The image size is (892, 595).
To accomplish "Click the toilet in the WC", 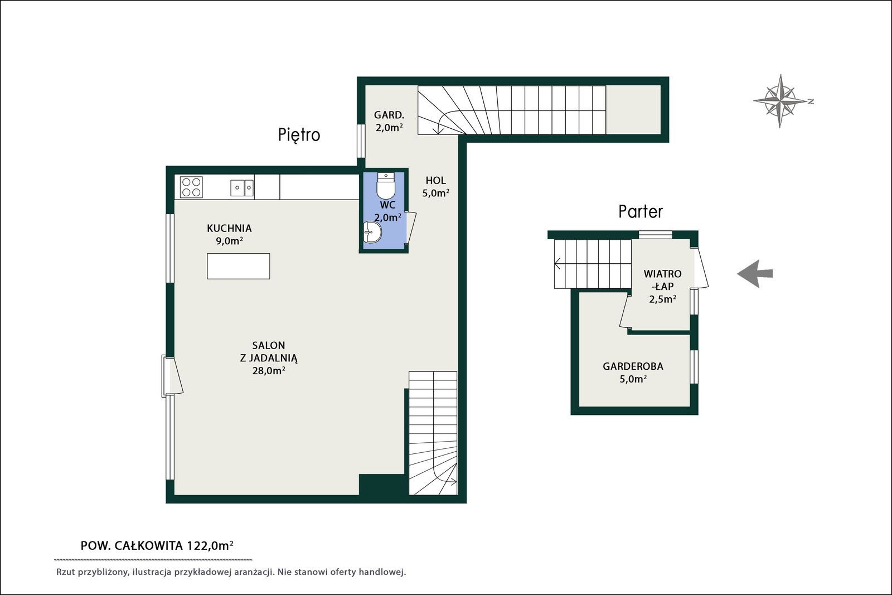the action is click(385, 186).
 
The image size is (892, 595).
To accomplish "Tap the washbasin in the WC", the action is click(372, 232).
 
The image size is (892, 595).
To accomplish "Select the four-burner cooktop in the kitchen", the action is click(191, 187).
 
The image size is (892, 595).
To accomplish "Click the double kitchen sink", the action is click(242, 188).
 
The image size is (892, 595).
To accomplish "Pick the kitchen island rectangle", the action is click(238, 266).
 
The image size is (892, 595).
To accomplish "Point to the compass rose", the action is click(780, 101).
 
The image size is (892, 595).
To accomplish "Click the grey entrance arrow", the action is click(755, 274).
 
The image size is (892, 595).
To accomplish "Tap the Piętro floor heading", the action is click(299, 135).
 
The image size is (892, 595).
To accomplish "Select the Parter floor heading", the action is click(641, 211).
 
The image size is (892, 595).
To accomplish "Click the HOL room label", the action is click(435, 181).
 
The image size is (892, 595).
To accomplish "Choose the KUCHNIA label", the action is click(229, 228).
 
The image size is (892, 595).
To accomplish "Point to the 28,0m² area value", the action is click(268, 370).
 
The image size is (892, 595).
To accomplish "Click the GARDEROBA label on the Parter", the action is click(633, 366).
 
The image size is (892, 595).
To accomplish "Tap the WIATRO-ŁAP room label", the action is click(663, 280).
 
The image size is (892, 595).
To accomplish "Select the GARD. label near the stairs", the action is click(389, 115).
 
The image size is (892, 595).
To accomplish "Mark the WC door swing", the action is click(410, 227).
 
